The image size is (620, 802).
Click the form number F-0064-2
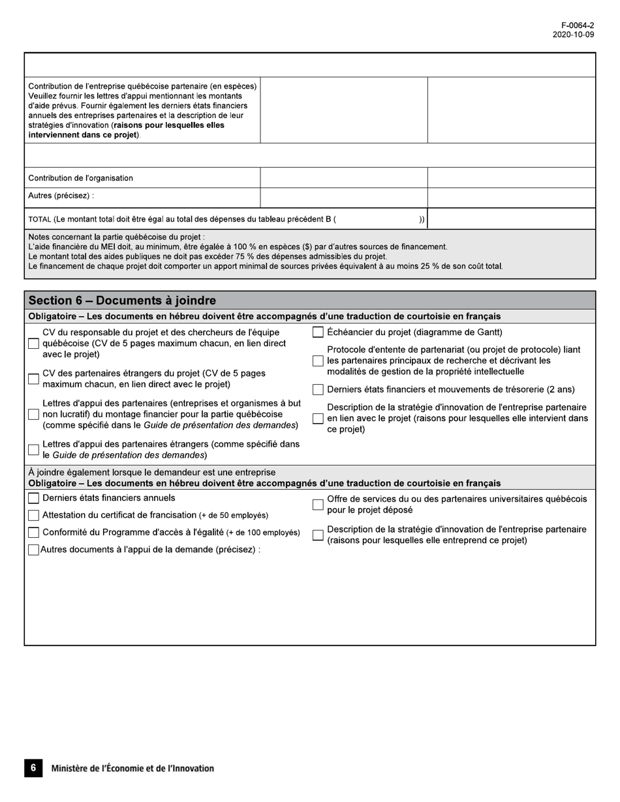(578, 25)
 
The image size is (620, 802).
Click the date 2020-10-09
(573, 35)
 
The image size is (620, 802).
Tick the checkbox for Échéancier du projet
(318, 333)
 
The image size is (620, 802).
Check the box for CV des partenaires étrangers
(33, 379)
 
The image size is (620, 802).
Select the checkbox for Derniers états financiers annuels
(33, 498)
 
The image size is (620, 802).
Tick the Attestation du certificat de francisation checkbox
(33, 515)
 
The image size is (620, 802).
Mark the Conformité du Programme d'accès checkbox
(33, 533)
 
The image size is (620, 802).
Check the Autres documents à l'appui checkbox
(33, 550)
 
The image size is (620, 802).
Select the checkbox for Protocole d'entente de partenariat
(318, 361)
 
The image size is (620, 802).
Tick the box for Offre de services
(318, 505)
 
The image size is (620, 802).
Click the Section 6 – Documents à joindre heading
(122, 301)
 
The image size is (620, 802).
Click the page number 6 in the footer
(33, 768)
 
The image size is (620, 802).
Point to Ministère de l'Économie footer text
(132, 769)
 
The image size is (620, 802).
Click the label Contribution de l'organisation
(80, 178)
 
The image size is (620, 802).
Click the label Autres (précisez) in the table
(61, 196)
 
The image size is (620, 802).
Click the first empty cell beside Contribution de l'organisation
(343, 178)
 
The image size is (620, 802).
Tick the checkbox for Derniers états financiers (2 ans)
(318, 390)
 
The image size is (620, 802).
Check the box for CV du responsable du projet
(33, 344)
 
